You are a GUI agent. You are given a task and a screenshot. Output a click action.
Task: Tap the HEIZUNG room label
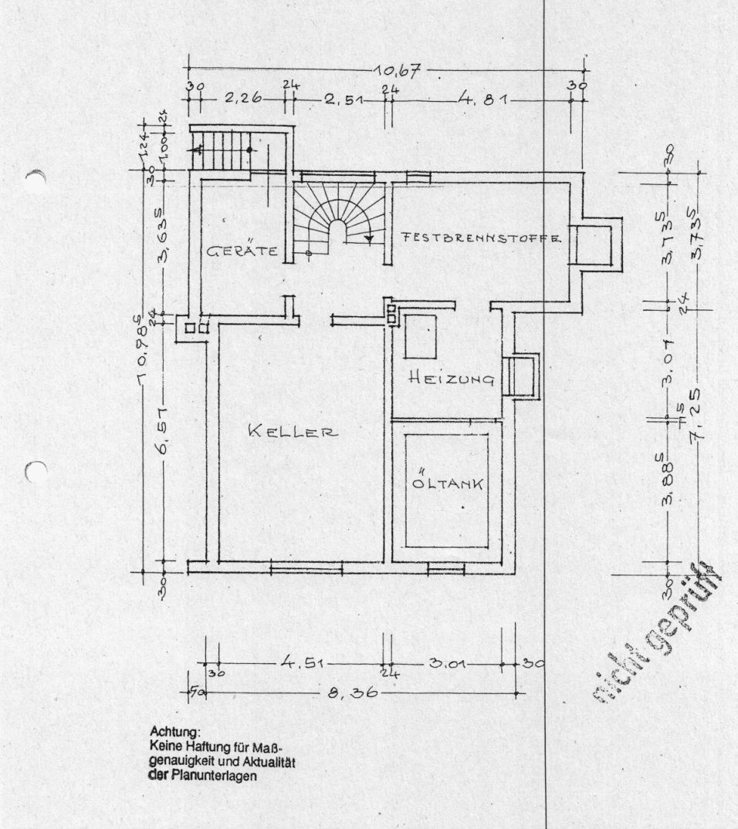pos(452,378)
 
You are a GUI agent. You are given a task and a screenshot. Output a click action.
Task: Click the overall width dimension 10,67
pos(395,72)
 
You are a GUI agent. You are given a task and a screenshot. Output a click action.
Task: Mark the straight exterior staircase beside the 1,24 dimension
pos(222,148)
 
